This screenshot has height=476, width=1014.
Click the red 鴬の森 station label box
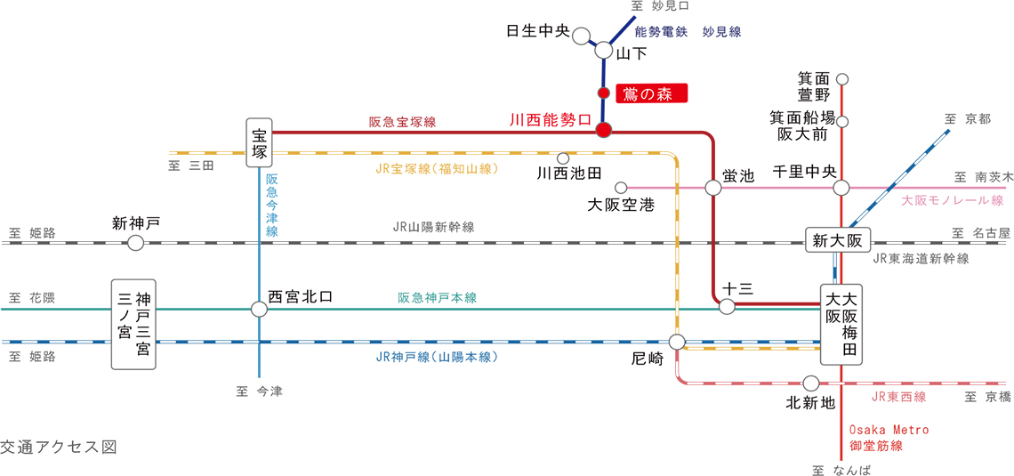pos(651,93)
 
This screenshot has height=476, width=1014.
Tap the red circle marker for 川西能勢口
pos(603,130)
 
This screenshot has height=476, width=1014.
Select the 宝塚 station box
pos(260,142)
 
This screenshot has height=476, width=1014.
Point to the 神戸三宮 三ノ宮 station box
pos(133,324)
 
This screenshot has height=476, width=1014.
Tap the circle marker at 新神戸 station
pos(136,243)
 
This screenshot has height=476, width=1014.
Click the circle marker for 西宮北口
pos(259,309)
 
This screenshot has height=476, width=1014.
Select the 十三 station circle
pos(727,307)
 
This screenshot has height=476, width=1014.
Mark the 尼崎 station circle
pos(677,342)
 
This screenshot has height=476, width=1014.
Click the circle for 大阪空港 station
pos(621,188)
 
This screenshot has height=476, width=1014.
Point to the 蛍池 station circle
pos(712,188)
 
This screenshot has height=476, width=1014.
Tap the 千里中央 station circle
pos(841,188)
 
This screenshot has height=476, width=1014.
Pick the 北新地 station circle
pos(810,383)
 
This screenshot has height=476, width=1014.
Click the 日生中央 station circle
pos(582,36)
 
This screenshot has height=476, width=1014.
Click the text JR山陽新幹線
pos(433,227)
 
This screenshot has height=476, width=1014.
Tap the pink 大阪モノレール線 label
pos(951,201)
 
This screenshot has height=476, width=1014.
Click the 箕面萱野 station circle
pos(842,78)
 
